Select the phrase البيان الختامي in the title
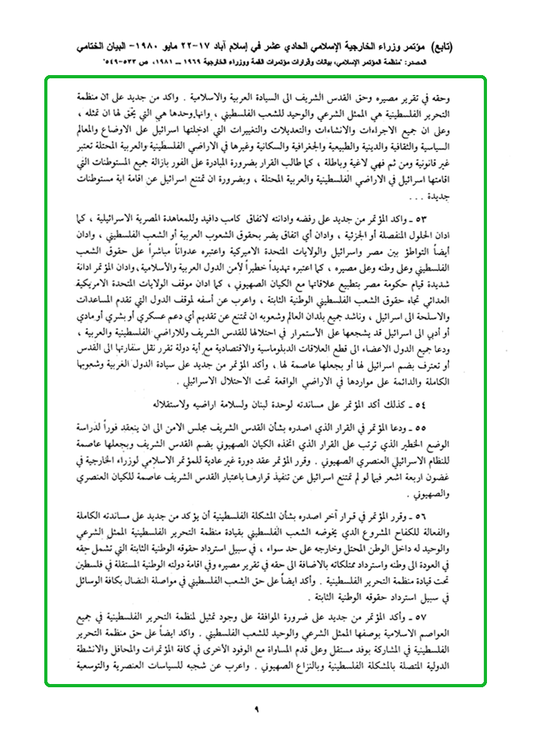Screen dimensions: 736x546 [x=115, y=47]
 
